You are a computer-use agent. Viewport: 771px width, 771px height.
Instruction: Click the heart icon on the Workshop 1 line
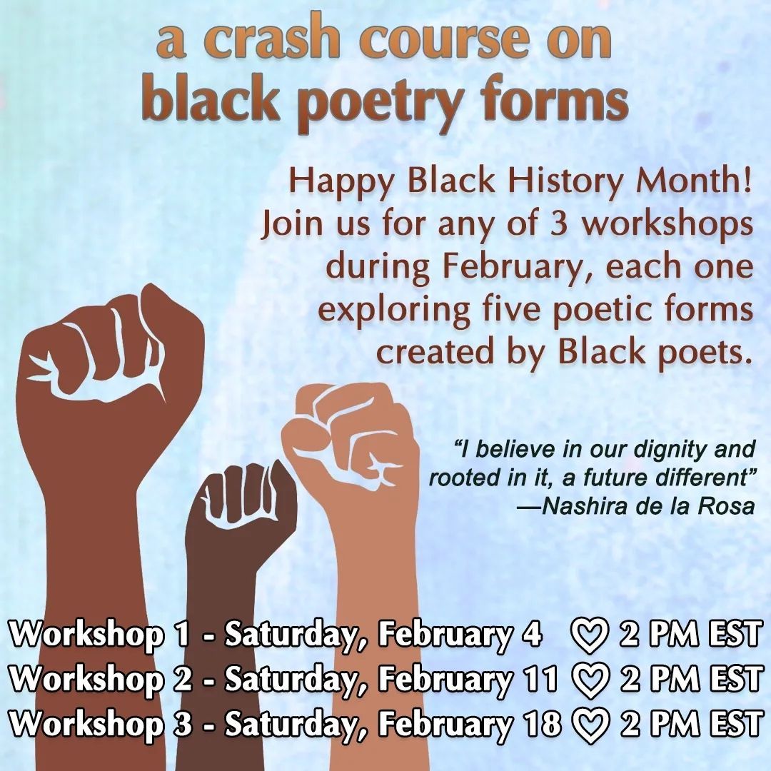click(590, 636)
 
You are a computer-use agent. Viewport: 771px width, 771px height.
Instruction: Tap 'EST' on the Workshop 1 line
click(734, 635)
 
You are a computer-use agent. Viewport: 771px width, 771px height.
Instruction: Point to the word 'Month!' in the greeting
click(695, 181)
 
